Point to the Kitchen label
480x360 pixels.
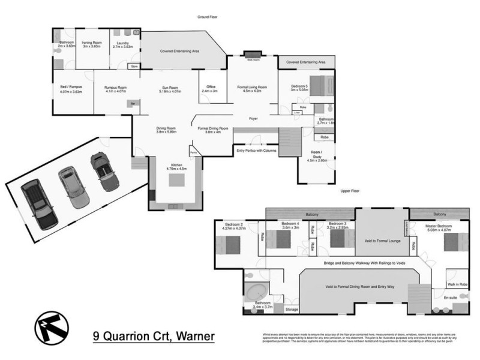(x=176, y=167)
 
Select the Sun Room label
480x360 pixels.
(x=170, y=89)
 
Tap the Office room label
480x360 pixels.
(x=211, y=88)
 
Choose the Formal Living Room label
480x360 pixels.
(x=252, y=88)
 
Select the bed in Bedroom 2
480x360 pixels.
(x=229, y=245)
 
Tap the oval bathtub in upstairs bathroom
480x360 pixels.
(x=259, y=294)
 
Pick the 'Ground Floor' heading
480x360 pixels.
(x=207, y=17)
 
